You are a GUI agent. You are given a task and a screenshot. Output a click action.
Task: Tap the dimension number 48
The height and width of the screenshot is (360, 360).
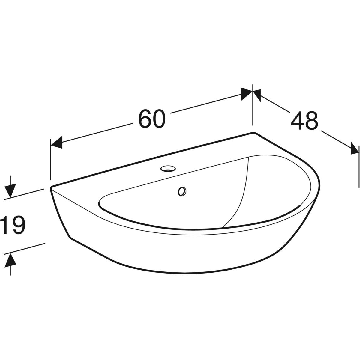tap(304, 121)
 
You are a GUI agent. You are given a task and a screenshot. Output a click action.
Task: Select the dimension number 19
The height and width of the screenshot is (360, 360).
tap(13, 225)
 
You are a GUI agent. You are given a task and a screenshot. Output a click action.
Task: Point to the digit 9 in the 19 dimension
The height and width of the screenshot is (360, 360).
tap(18, 225)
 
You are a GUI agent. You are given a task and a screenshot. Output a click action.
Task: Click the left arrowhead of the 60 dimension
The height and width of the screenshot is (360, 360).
tap(56, 142)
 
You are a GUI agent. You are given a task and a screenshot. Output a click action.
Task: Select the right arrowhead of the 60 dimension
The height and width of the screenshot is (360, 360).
tap(247, 94)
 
